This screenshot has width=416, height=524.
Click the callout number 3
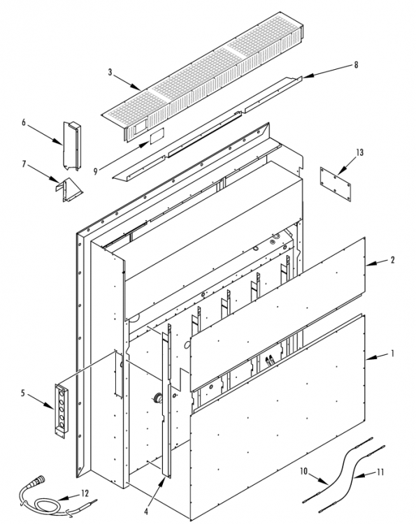110,72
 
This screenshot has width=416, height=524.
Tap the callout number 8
356,65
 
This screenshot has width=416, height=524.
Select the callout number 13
359,153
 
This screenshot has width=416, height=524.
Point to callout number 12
85,493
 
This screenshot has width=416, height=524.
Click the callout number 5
23,393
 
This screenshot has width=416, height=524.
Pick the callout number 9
95,171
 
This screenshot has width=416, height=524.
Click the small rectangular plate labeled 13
336,184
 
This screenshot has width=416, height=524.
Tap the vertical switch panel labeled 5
62,411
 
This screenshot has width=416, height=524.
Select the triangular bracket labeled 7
69,190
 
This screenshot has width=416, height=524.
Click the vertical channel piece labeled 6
72,146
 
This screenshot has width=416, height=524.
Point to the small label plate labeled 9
157,136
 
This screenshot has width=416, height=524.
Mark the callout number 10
303,471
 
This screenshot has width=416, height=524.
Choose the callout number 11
380,472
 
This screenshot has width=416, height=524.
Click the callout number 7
24,164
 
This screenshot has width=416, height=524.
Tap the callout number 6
23,122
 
